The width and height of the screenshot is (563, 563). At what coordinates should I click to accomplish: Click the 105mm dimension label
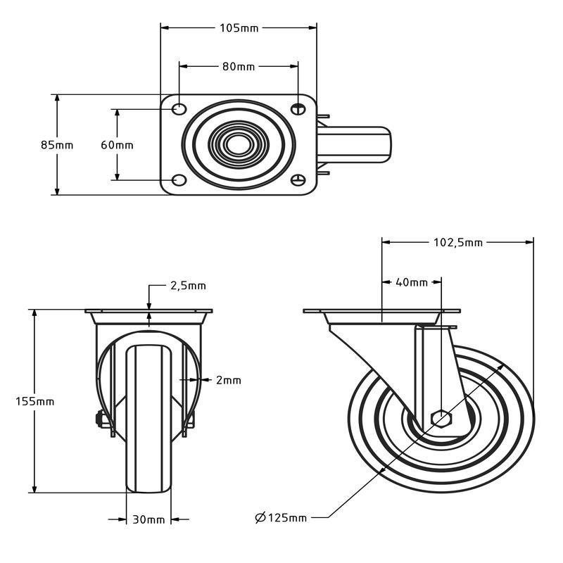click(239, 28)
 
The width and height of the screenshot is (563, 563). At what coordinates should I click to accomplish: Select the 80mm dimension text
click(239, 67)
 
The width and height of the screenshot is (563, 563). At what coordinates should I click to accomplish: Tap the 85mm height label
click(57, 145)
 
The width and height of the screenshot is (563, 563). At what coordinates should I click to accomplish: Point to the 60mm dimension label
click(117, 145)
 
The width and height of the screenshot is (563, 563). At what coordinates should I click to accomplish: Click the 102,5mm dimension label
click(458, 243)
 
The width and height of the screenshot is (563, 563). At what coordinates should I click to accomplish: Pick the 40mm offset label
click(412, 283)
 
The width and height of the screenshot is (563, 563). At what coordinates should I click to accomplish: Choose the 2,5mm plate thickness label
click(188, 286)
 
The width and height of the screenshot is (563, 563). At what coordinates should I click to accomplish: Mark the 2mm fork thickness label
click(228, 380)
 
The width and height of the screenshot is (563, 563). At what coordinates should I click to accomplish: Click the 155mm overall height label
click(34, 401)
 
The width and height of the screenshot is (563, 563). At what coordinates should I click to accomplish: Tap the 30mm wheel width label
click(148, 519)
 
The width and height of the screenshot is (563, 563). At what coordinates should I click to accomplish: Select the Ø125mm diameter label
click(281, 517)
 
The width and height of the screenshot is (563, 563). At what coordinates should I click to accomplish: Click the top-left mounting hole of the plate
click(179, 108)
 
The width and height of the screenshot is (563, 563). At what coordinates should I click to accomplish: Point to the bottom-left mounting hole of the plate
click(179, 180)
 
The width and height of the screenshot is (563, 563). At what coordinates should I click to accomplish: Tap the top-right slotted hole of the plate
click(298, 108)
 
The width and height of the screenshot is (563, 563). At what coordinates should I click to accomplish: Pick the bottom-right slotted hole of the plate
click(298, 180)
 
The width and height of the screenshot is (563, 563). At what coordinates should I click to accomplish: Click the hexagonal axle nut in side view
click(442, 419)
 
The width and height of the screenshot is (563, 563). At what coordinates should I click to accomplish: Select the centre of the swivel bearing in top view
click(238, 145)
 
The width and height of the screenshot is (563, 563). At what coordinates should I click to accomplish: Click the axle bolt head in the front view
click(99, 419)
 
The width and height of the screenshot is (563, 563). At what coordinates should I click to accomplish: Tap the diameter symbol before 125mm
click(260, 517)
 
